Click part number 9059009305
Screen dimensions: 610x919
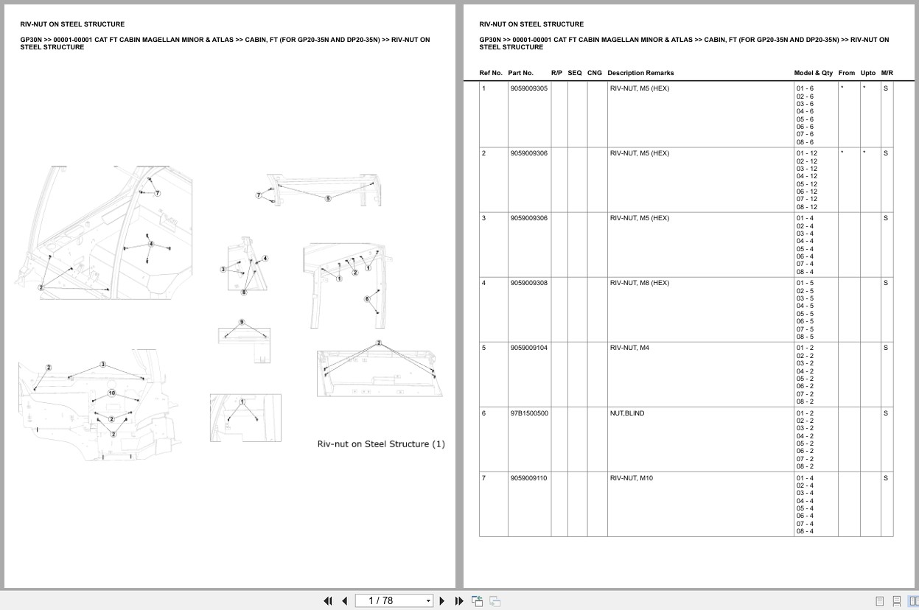[x=528, y=88]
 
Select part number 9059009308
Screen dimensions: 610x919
[x=528, y=283]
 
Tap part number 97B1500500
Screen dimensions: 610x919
[x=528, y=413]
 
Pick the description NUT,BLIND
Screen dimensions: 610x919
[x=626, y=413]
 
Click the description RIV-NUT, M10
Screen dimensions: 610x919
[x=631, y=478]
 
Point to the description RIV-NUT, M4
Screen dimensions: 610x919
[x=629, y=348]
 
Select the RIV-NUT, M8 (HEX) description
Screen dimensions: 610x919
[x=639, y=283]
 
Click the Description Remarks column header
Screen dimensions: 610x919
[x=640, y=73]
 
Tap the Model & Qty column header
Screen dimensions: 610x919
[x=813, y=73]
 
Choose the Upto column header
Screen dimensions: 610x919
[x=868, y=73]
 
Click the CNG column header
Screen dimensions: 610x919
[x=594, y=73]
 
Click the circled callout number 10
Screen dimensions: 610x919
[x=112, y=393]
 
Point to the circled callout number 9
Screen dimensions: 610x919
[x=241, y=323]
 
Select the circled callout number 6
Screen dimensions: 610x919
[x=367, y=298]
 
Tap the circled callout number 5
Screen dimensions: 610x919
[x=328, y=198]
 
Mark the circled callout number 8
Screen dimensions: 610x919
[x=244, y=292]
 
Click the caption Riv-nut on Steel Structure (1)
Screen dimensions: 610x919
[x=381, y=444]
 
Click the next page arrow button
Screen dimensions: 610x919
[x=442, y=600]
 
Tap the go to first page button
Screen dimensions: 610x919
[x=328, y=600]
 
